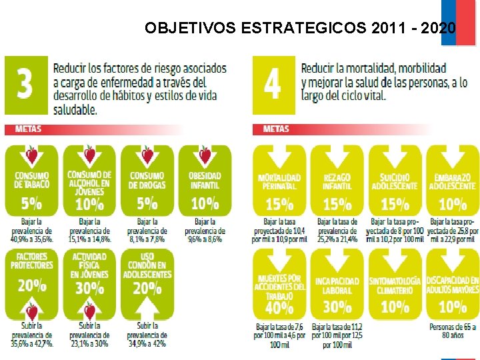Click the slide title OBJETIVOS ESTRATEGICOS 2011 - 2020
click(x=300, y=28)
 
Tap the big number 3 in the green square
click(x=25, y=85)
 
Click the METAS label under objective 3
click(x=28, y=129)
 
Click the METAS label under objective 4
click(x=276, y=129)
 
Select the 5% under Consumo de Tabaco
click(x=31, y=202)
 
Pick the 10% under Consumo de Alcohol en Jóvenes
click(x=89, y=203)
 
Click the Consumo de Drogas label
click(x=147, y=180)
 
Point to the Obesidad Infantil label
click(x=205, y=180)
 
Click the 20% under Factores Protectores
click(x=31, y=285)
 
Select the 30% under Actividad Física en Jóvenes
click(x=89, y=287)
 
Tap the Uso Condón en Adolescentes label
click(x=147, y=265)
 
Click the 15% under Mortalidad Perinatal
click(x=279, y=203)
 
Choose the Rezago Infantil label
click(x=337, y=181)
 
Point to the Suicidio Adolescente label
click(x=395, y=181)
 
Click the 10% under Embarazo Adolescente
click(x=453, y=203)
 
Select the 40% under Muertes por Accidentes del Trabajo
click(x=279, y=307)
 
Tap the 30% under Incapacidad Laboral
click(x=337, y=306)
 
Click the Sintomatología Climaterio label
click(x=395, y=285)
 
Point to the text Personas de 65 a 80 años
click(x=453, y=331)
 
